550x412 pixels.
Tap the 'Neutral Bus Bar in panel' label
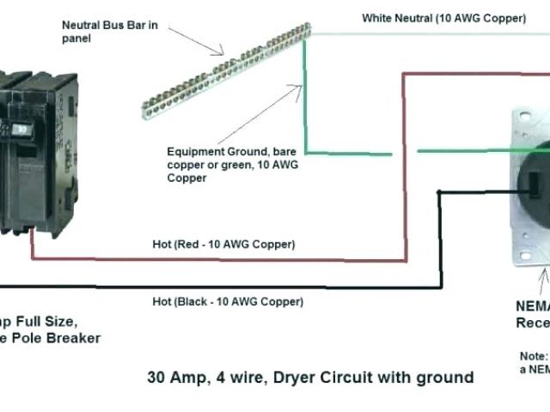point(109,31)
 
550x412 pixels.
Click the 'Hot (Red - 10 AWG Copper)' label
point(223,245)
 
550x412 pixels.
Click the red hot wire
point(404,172)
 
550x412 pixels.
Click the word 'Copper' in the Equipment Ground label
point(186,179)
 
